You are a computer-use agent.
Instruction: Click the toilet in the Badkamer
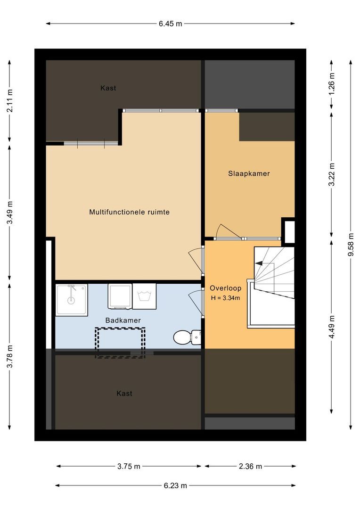tap(187, 337)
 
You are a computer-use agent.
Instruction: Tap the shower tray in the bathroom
tap(72, 300)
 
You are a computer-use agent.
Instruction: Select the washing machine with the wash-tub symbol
tap(144, 296)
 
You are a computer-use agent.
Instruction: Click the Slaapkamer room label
tap(249, 173)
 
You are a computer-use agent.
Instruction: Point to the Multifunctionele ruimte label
tap(130, 212)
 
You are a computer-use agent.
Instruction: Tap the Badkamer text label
tap(123, 320)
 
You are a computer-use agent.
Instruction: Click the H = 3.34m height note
tap(226, 298)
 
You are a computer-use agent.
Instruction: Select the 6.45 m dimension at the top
tap(171, 24)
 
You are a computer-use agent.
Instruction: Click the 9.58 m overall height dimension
tap(351, 245)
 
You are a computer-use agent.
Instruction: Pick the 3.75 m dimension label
tap(129, 467)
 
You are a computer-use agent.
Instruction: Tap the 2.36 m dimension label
tap(250, 467)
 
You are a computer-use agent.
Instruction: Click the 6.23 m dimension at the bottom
tap(175, 485)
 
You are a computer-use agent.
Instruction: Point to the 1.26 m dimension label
tap(331, 84)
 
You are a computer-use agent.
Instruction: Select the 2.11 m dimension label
tap(10, 101)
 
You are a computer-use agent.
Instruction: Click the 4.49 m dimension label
tap(331, 327)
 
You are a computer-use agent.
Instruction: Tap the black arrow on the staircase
tap(259, 263)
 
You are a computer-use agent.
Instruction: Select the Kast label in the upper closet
tap(108, 88)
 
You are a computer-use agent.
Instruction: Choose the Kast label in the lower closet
tap(124, 394)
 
